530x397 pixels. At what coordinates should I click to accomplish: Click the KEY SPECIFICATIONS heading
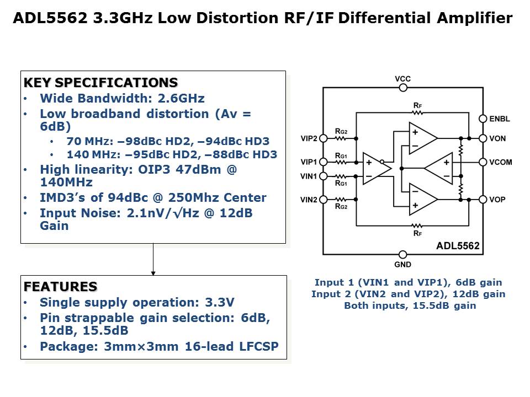(x=100, y=83)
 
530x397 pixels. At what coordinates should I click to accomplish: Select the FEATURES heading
(x=60, y=287)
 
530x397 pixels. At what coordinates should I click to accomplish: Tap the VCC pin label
(x=403, y=79)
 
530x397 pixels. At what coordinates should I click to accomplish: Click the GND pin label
(x=403, y=264)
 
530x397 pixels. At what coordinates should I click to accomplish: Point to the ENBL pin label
(x=500, y=119)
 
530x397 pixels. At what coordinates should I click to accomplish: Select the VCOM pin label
(x=501, y=162)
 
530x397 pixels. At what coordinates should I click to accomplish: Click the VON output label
(x=497, y=138)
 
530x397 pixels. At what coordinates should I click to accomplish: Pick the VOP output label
(x=497, y=200)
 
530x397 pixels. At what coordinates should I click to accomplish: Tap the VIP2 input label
(x=309, y=138)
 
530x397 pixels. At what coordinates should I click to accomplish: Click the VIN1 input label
(x=309, y=176)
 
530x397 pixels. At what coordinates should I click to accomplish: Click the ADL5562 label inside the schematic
(x=458, y=246)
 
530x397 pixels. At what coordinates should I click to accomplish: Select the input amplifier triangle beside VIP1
(x=376, y=168)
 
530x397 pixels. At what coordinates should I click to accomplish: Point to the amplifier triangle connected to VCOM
(x=439, y=169)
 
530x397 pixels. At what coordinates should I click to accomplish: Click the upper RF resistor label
(x=417, y=105)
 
